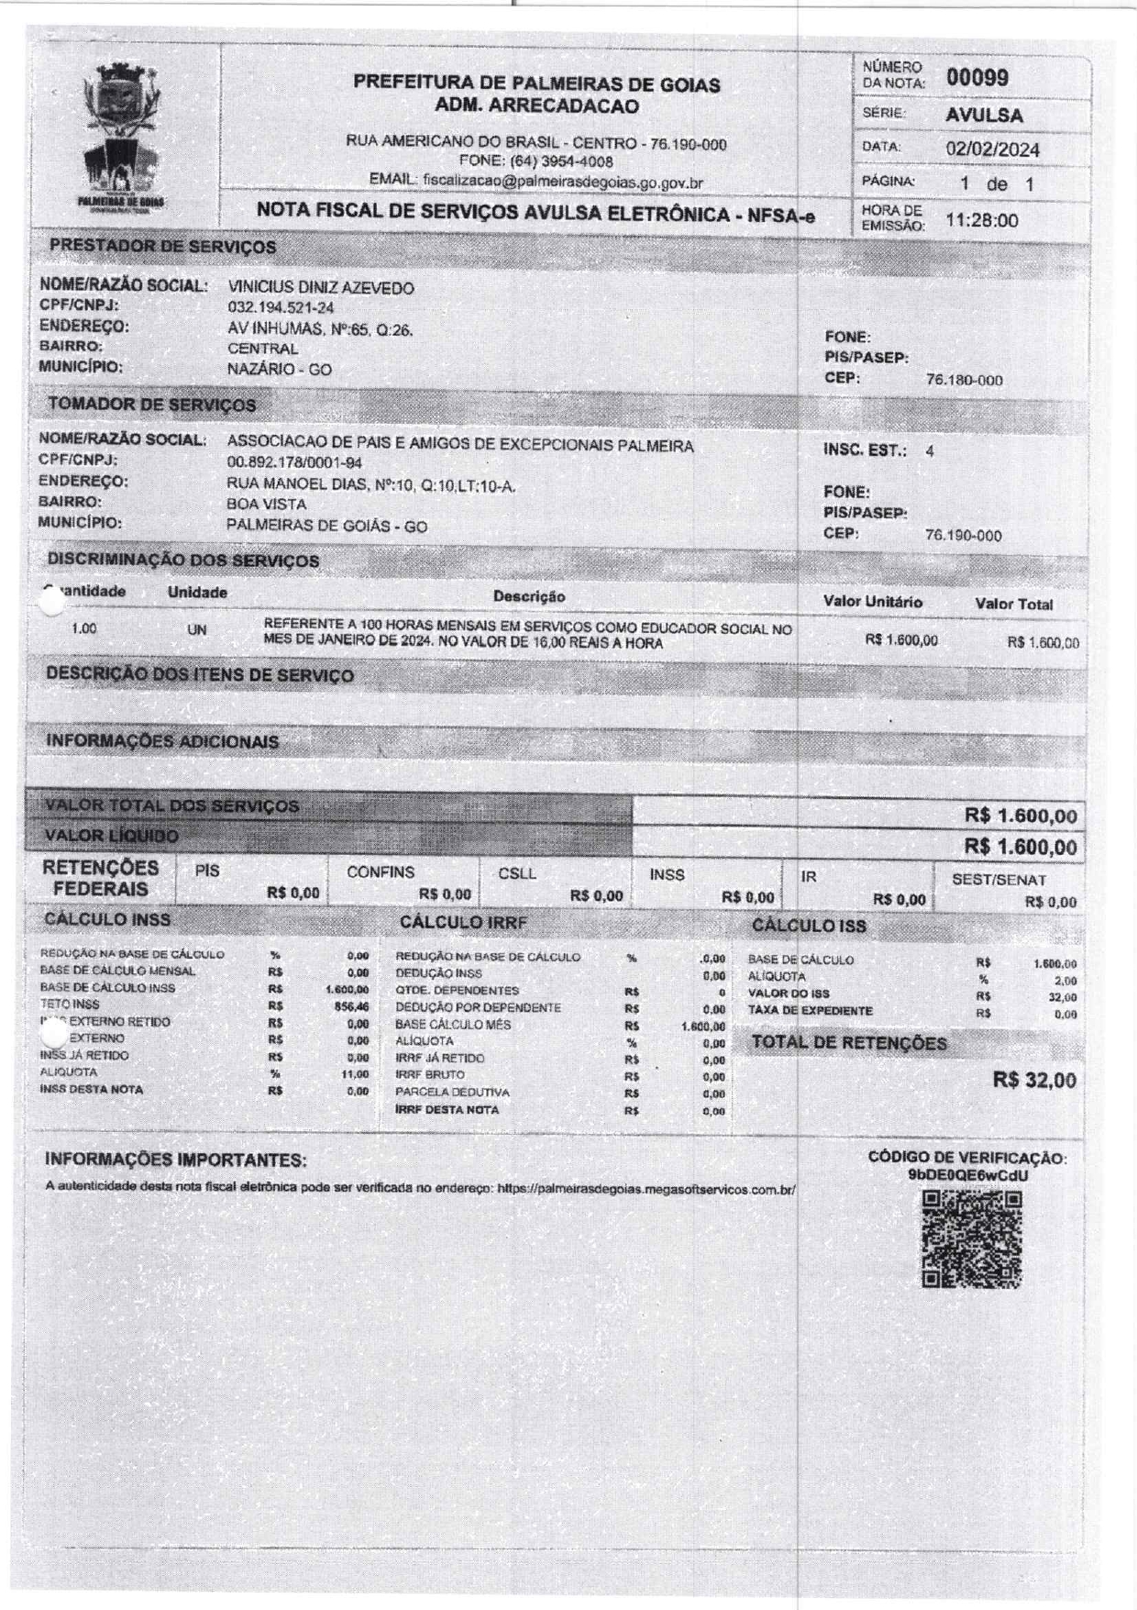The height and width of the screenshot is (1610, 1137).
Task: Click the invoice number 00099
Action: point(977,77)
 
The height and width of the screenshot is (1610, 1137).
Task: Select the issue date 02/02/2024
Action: point(992,149)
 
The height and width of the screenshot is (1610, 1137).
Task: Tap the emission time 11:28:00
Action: point(981,220)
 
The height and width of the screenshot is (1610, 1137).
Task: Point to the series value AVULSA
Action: point(984,116)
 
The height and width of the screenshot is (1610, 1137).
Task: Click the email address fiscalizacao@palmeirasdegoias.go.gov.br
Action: point(563,182)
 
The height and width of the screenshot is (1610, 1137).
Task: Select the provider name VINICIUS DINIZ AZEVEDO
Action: point(320,288)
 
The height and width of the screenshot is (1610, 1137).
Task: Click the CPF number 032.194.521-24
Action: point(281,308)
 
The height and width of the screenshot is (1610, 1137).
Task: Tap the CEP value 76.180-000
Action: point(964,381)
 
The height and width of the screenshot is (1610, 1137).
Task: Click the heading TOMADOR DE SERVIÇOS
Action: point(152,405)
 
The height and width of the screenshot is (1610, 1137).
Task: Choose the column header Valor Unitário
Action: point(872,602)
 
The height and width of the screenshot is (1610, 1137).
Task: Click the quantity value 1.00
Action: point(83,629)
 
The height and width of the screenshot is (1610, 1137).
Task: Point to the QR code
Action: point(971,1239)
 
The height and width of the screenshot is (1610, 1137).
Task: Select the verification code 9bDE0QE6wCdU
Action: point(967,1175)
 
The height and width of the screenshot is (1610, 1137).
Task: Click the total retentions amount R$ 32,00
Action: point(1034,1080)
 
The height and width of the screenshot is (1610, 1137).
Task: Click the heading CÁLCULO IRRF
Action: point(463,923)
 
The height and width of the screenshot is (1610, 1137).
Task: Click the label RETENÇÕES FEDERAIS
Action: point(101,878)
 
